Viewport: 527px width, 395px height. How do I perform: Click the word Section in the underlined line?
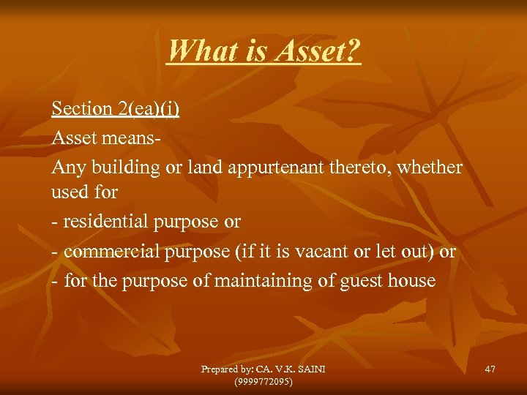81,108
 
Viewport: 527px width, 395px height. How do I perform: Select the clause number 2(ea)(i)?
148,108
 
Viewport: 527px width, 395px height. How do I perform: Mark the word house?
414,281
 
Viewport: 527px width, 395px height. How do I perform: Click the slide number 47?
490,369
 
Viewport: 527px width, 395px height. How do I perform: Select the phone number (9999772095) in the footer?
263,381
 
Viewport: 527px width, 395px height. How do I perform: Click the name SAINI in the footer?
310,369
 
